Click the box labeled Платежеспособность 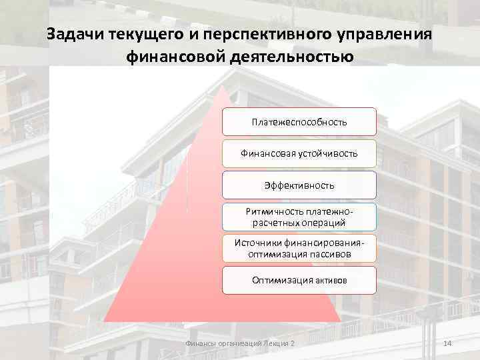299,122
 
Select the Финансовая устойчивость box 299,153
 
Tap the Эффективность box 299,185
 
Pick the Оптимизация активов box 299,281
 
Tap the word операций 324,222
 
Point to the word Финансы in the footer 200,343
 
